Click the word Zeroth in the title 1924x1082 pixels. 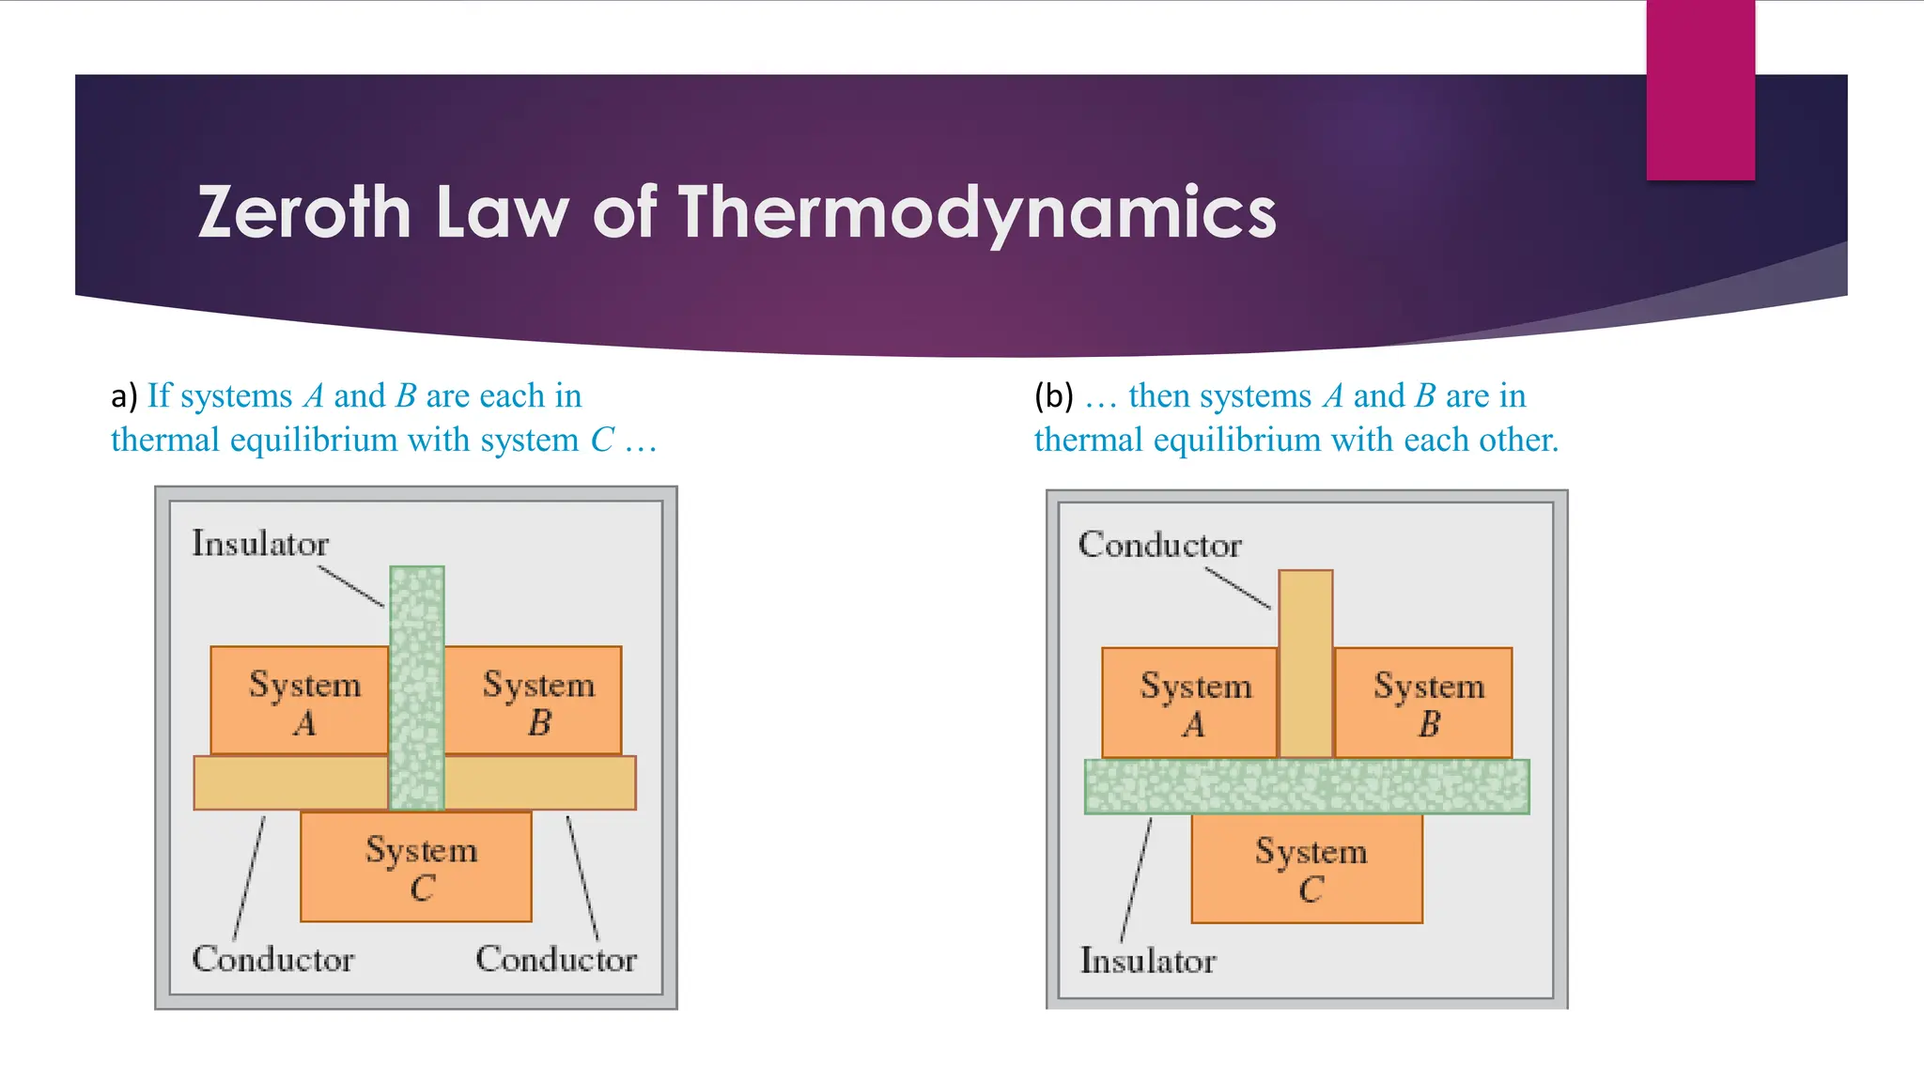tap(303, 212)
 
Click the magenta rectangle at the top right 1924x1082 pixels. tap(1699, 89)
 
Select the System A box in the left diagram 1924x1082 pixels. tap(300, 701)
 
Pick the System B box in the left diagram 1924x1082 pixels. tap(534, 701)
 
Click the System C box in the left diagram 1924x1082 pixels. tap(416, 866)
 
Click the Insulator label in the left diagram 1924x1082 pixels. tap(260, 544)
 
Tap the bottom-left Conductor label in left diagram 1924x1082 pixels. tap(272, 959)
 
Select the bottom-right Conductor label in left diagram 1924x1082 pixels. tap(556, 959)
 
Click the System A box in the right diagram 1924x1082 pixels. tap(1190, 703)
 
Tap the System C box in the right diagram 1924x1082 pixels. tap(1307, 868)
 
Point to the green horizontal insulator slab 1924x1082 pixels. tap(1307, 787)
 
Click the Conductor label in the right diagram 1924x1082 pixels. tap(1159, 545)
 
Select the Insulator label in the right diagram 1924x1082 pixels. tap(1148, 961)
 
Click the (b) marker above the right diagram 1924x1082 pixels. tap(1053, 395)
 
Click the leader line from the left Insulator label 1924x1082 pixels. tap(351, 586)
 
